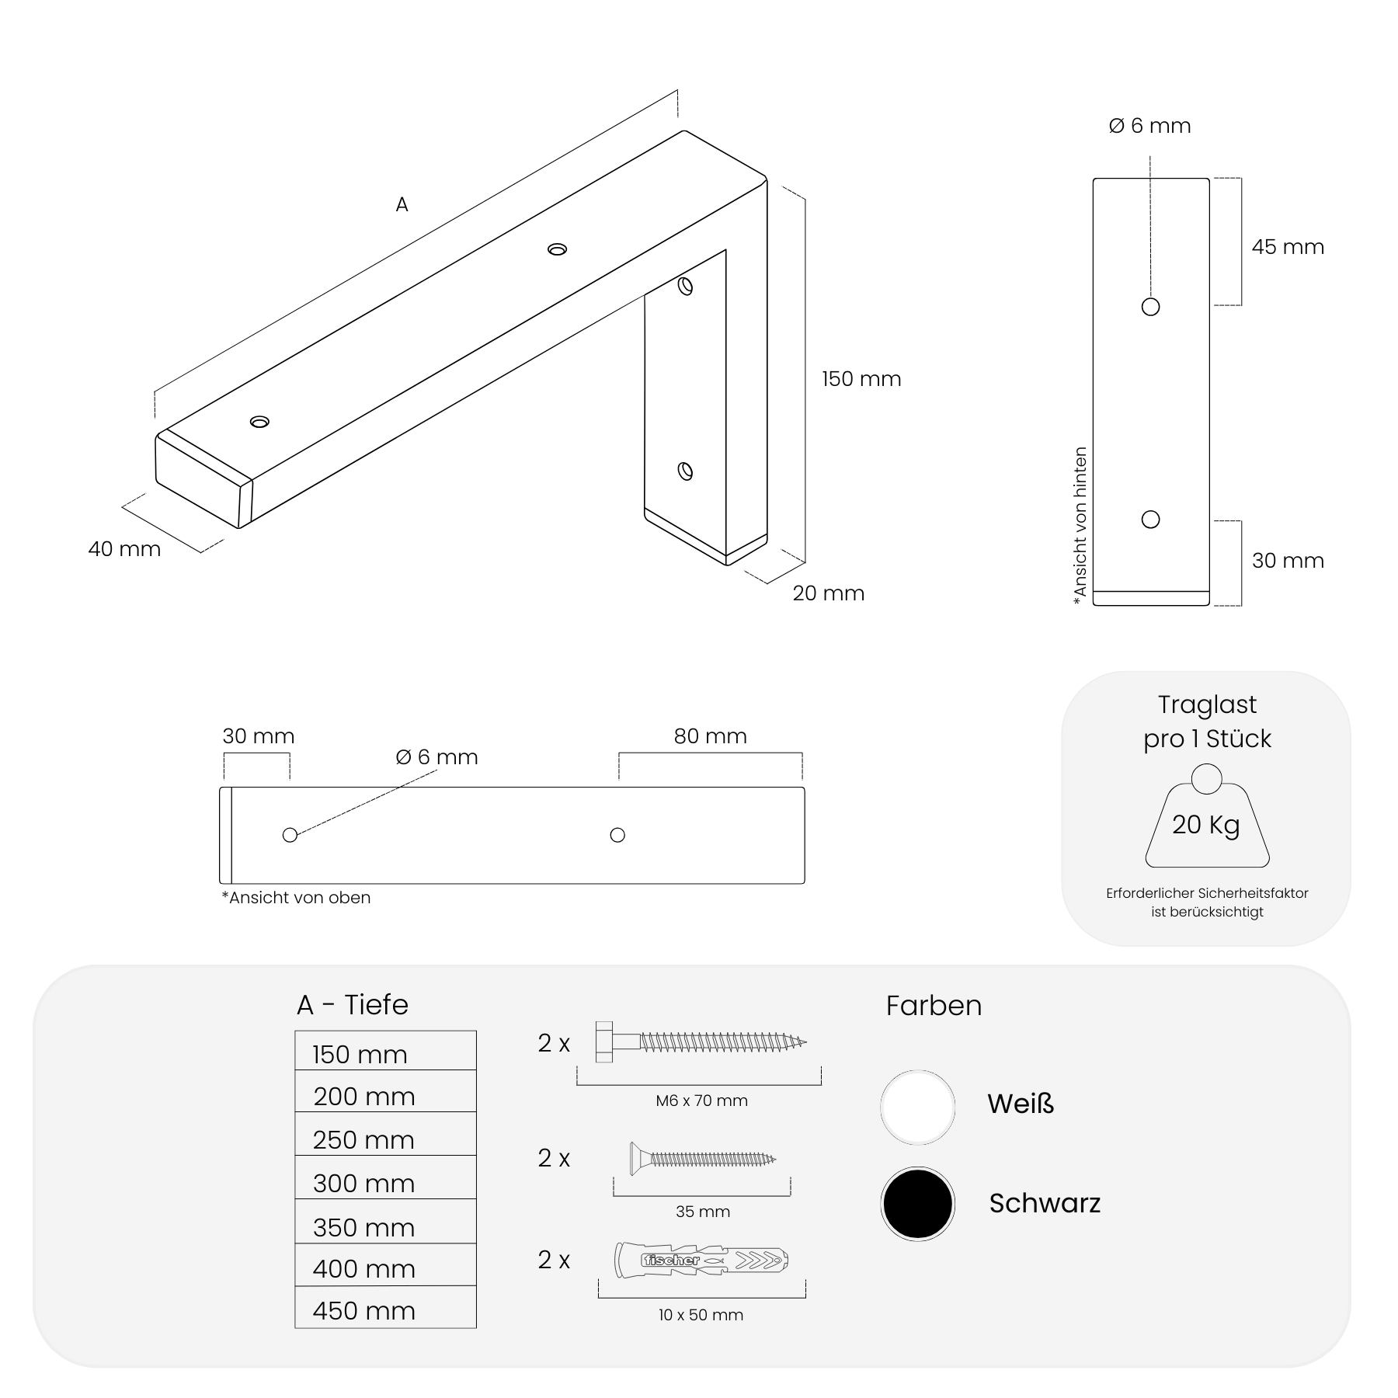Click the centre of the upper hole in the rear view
click(1150, 307)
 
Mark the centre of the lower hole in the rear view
click(1150, 519)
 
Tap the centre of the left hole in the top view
click(290, 835)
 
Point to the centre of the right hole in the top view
click(617, 835)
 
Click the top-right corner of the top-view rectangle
click(805, 788)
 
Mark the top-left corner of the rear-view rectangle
click(1094, 179)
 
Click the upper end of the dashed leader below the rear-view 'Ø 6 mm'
click(1150, 155)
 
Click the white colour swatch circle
click(917, 1107)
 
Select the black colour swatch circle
click(917, 1204)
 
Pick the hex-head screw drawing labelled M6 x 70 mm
click(701, 1042)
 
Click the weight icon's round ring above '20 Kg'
click(1206, 779)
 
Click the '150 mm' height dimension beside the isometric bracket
click(861, 379)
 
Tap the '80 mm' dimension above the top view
click(710, 736)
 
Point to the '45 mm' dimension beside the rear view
click(1288, 247)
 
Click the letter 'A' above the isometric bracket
click(402, 204)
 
